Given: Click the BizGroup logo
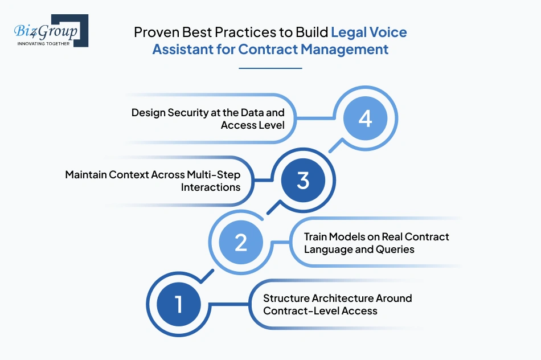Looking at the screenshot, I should coord(50,30).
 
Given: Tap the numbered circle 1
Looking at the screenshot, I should coord(178,304).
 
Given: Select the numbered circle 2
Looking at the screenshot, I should coord(241,243).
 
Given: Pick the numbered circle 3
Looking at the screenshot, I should coord(303,181).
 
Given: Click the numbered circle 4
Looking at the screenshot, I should coord(365,119).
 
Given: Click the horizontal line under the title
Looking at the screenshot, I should coord(270,68).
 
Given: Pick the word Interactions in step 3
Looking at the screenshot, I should coord(211,187).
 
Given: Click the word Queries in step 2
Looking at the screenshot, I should coord(395,249).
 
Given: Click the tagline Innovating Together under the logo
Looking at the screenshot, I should coord(43,43).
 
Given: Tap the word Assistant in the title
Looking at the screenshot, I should coord(184,49).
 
